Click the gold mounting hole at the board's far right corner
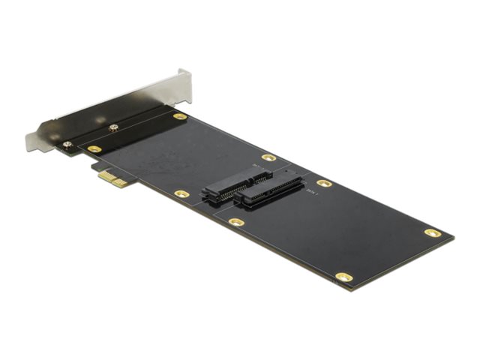coord(433,232)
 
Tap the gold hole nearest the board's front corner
coord(344,277)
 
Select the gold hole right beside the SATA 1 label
coord(324,183)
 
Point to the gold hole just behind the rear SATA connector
coord(268,158)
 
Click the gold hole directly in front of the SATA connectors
coord(236,222)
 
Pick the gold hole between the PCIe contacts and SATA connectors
coord(181,193)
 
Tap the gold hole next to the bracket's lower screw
coord(94,149)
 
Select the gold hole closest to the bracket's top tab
coord(178,117)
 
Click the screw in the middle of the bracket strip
coord(114,128)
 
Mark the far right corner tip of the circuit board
coord(454,239)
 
